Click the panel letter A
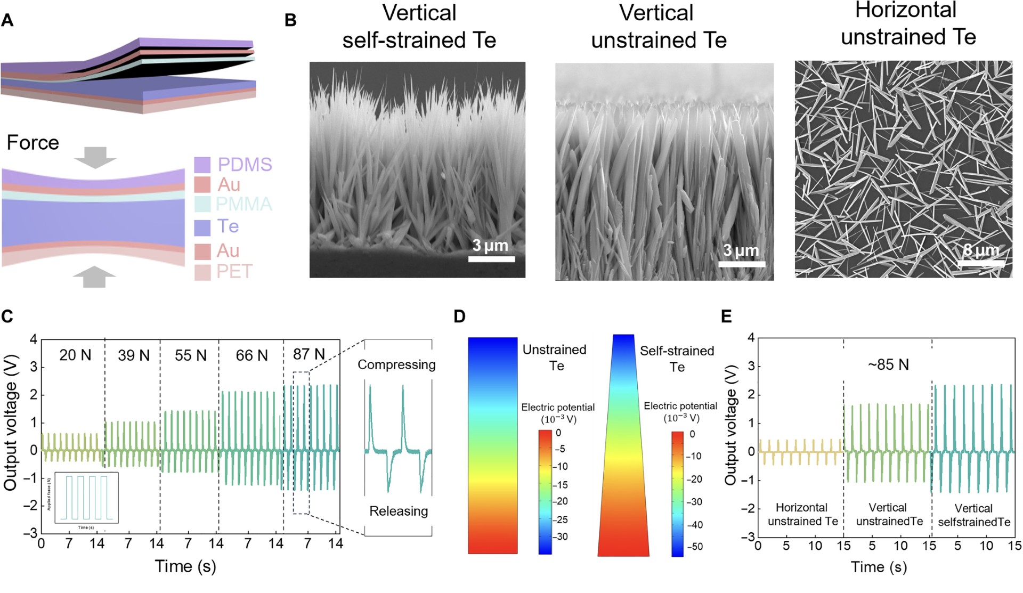7,20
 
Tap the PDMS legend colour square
202,165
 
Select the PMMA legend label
243,204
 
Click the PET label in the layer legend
234,272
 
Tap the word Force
33,143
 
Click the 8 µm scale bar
981,263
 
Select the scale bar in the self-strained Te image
491,259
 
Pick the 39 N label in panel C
134,355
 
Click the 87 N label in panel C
309,354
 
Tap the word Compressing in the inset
396,365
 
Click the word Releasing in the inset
399,511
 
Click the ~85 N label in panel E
888,365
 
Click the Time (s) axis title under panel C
185,566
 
